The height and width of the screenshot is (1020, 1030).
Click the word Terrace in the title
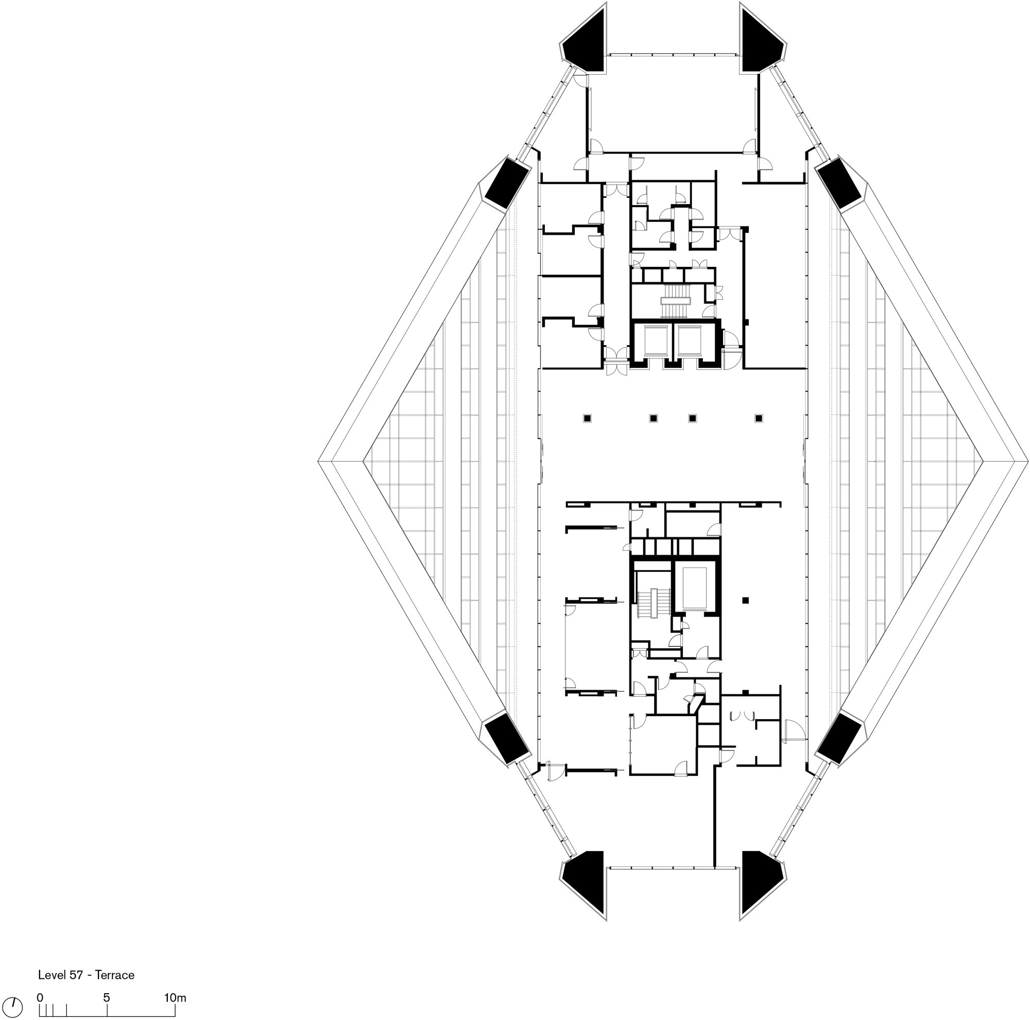tap(116, 975)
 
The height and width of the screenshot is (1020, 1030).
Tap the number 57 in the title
tap(76, 975)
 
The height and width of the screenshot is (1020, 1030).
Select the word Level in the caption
tap(51, 975)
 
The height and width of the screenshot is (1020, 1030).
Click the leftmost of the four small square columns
tap(587, 418)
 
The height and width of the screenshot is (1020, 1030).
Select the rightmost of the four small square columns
tap(759, 418)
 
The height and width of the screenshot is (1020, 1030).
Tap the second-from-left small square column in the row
tap(654, 418)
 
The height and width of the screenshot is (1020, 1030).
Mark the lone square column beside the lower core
tap(745, 600)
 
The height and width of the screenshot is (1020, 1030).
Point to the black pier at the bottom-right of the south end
tap(763, 893)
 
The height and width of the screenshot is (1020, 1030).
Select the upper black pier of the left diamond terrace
tap(506, 183)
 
